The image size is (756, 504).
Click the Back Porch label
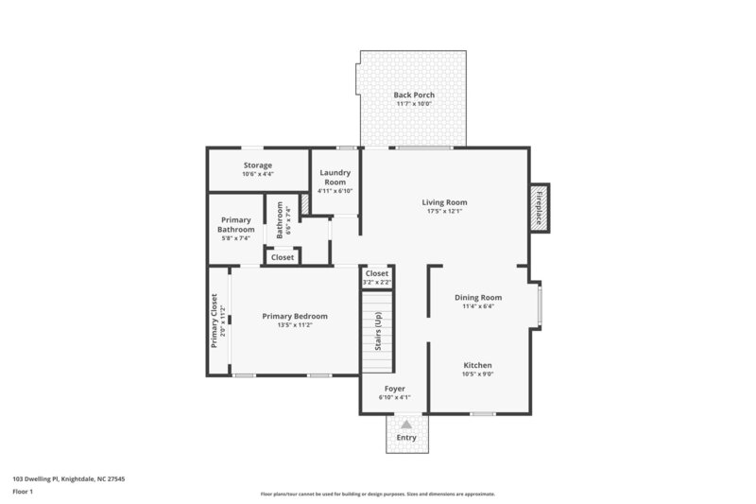tap(413, 95)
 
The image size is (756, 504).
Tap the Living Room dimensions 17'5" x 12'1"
tap(444, 212)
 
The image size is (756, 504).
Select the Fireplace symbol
tap(540, 206)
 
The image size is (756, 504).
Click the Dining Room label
tap(478, 297)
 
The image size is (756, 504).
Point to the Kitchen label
tap(477, 365)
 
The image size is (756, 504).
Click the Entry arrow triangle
tap(406, 426)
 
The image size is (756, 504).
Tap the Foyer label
tap(394, 389)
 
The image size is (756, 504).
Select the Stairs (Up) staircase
tap(376, 332)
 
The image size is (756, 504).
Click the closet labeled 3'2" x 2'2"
tap(377, 277)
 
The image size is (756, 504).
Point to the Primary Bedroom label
tap(295, 316)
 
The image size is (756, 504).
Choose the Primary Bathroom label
tap(235, 225)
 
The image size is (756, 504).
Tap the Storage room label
tap(257, 165)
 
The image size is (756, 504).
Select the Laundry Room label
tap(335, 177)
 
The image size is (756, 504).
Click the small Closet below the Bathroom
tap(283, 257)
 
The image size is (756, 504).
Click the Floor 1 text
tap(23, 492)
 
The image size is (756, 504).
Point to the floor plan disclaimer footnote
tap(377, 494)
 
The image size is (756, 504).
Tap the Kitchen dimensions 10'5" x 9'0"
tap(477, 374)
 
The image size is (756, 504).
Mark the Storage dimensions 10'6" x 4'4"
tap(257, 174)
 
